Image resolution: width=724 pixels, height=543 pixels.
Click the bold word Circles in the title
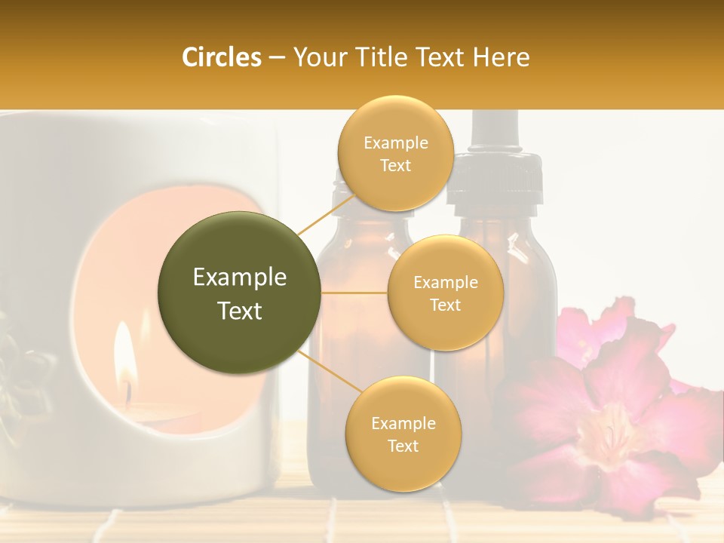click(222, 57)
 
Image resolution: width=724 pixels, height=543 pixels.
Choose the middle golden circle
click(445, 293)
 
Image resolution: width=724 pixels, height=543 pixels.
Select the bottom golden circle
click(403, 434)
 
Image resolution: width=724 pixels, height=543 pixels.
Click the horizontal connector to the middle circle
click(354, 292)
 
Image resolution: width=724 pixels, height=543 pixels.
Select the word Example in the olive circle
click(240, 278)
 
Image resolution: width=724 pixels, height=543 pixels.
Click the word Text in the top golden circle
click(395, 165)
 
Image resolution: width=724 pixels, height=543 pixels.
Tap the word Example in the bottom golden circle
click(403, 423)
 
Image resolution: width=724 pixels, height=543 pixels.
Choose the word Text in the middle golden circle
click(445, 305)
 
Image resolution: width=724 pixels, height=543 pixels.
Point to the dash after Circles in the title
click(276, 58)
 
